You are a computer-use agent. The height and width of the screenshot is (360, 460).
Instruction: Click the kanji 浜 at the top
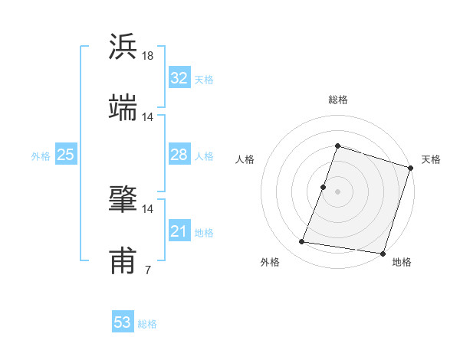point(123,47)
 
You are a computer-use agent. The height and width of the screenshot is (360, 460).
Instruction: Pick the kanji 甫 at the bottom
point(123,261)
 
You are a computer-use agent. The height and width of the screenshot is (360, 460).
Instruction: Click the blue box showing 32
point(179,78)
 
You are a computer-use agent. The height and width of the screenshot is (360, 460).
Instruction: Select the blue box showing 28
point(179,155)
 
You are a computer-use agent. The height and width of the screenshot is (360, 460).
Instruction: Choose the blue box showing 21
point(179,231)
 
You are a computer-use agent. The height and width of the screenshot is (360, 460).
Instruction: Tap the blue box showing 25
point(65,155)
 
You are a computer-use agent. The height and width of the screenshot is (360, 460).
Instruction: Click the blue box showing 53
point(122,322)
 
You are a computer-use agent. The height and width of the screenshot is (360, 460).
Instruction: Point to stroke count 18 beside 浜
point(148,56)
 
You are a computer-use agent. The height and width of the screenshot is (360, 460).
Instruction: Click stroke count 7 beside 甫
point(147,270)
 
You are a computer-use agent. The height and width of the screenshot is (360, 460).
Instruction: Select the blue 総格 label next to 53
point(148,324)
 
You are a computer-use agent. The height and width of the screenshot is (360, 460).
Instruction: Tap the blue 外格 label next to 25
point(41,156)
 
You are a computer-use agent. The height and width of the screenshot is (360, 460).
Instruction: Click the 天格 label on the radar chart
point(431,159)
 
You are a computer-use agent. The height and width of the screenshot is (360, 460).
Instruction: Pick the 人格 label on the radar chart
point(245,159)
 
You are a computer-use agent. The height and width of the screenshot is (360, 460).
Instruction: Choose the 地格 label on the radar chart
point(402,263)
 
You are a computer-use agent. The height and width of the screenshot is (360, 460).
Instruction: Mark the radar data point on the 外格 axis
point(302,242)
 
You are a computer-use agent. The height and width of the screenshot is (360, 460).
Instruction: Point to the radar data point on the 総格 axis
point(337,146)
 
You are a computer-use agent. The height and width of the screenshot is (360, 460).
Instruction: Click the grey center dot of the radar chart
point(337,191)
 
